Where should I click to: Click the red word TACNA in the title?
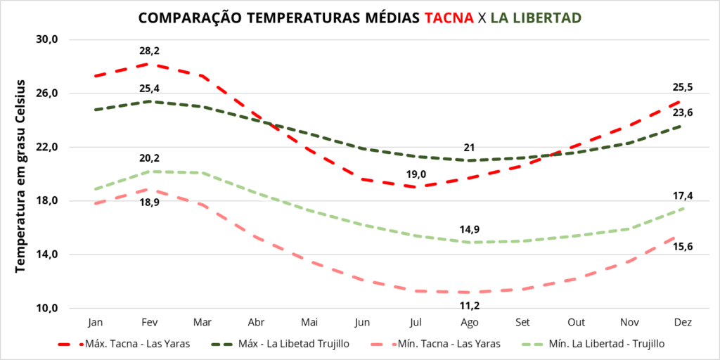[449, 18]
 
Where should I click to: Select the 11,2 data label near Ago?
[470, 306]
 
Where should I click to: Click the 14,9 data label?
[470, 229]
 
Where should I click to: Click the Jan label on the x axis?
[96, 322]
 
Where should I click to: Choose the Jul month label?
[417, 322]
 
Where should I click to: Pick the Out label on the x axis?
[577, 322]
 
